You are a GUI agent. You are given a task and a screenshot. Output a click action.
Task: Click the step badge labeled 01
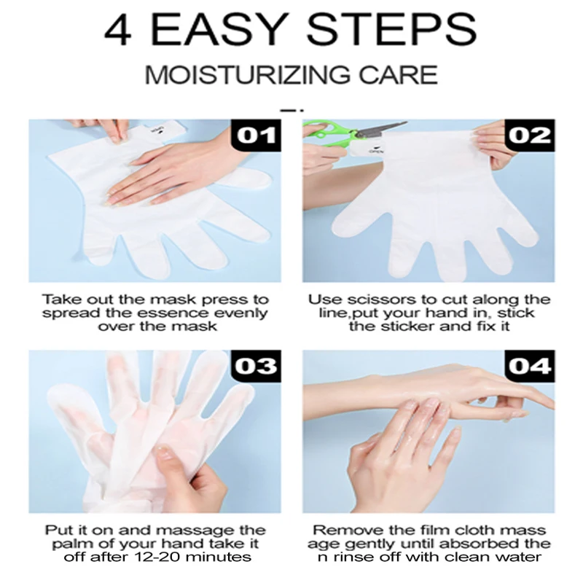tap(256, 135)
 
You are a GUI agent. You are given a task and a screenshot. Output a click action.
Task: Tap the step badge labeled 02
tap(530, 135)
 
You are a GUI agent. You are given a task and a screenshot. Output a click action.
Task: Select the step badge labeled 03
tap(256, 366)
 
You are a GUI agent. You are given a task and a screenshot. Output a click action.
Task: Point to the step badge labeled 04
tap(530, 366)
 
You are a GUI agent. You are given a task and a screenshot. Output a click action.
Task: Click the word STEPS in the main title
tap(391, 29)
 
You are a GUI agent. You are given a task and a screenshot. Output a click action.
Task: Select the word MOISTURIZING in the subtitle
tap(247, 75)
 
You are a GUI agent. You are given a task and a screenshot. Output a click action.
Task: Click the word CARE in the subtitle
tap(398, 75)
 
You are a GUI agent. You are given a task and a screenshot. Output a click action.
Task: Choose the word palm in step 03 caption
tap(67, 544)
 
